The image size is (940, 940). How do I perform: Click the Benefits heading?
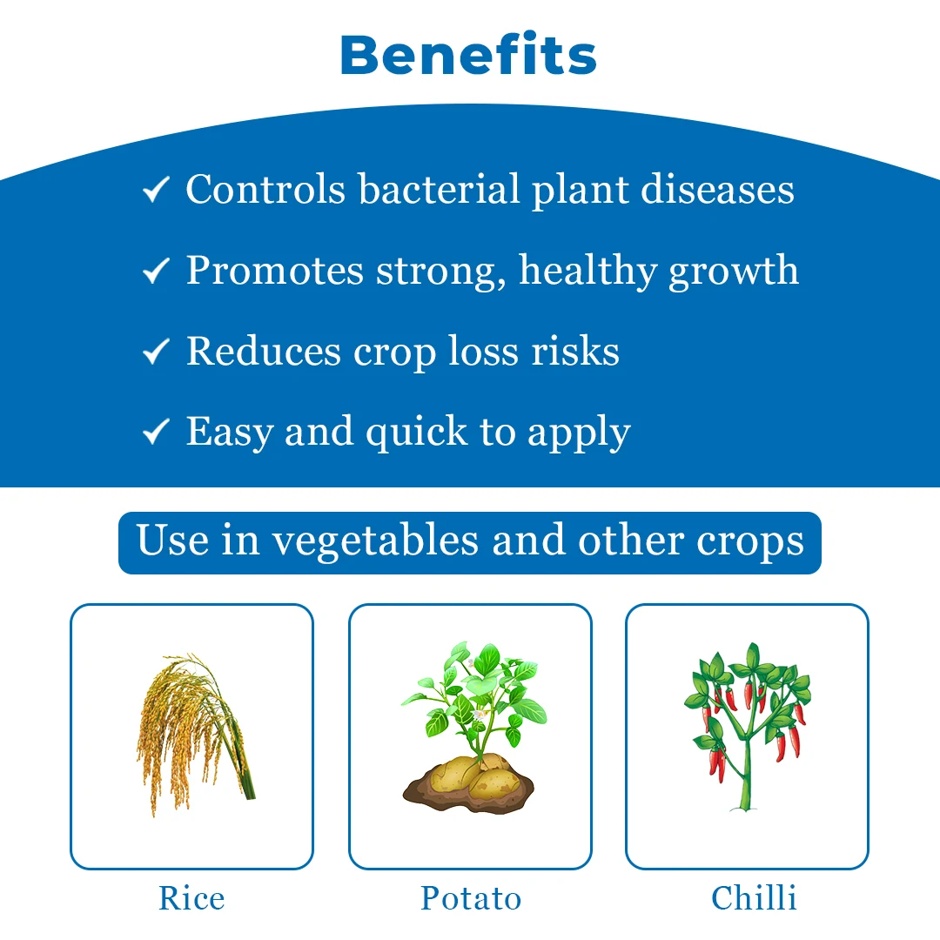tap(468, 55)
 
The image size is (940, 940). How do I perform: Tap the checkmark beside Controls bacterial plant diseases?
tap(156, 190)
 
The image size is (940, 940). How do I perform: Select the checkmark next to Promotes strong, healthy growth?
tap(156, 271)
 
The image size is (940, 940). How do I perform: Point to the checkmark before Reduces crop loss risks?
tap(156, 352)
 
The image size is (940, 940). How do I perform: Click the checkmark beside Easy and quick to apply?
tap(156, 432)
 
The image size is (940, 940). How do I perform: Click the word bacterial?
tap(439, 189)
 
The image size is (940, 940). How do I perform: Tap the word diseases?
tap(717, 189)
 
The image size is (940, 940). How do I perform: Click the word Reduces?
tap(264, 351)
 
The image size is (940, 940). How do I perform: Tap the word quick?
tap(417, 433)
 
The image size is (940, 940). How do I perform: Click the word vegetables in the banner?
tap(376, 542)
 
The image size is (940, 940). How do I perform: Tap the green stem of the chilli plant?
tap(746, 774)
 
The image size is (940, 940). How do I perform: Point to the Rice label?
tap(191, 898)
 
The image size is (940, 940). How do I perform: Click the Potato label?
tap(471, 898)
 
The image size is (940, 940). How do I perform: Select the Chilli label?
tap(754, 897)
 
